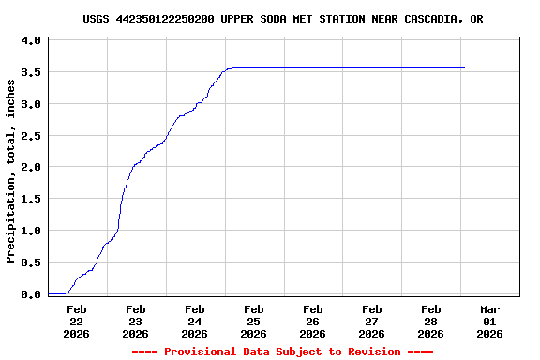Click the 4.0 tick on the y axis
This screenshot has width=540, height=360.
[31, 40]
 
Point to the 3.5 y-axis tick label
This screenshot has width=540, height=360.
[31, 72]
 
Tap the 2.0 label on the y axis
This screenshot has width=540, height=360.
[31, 167]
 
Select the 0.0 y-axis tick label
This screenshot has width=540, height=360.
[31, 293]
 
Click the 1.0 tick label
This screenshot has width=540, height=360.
[31, 231]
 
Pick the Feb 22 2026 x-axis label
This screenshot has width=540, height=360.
[77, 321]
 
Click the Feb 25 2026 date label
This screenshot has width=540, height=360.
[253, 321]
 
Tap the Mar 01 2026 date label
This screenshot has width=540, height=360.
[489, 321]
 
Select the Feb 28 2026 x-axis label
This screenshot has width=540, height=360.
[430, 321]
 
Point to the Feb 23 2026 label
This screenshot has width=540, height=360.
[136, 321]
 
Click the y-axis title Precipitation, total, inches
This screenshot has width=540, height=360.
[11, 171]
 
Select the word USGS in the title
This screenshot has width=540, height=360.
[96, 19]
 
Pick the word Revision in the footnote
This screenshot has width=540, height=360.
[375, 352]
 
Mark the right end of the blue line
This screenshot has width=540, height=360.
[464, 67]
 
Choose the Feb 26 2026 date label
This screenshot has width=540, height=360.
[312, 321]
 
